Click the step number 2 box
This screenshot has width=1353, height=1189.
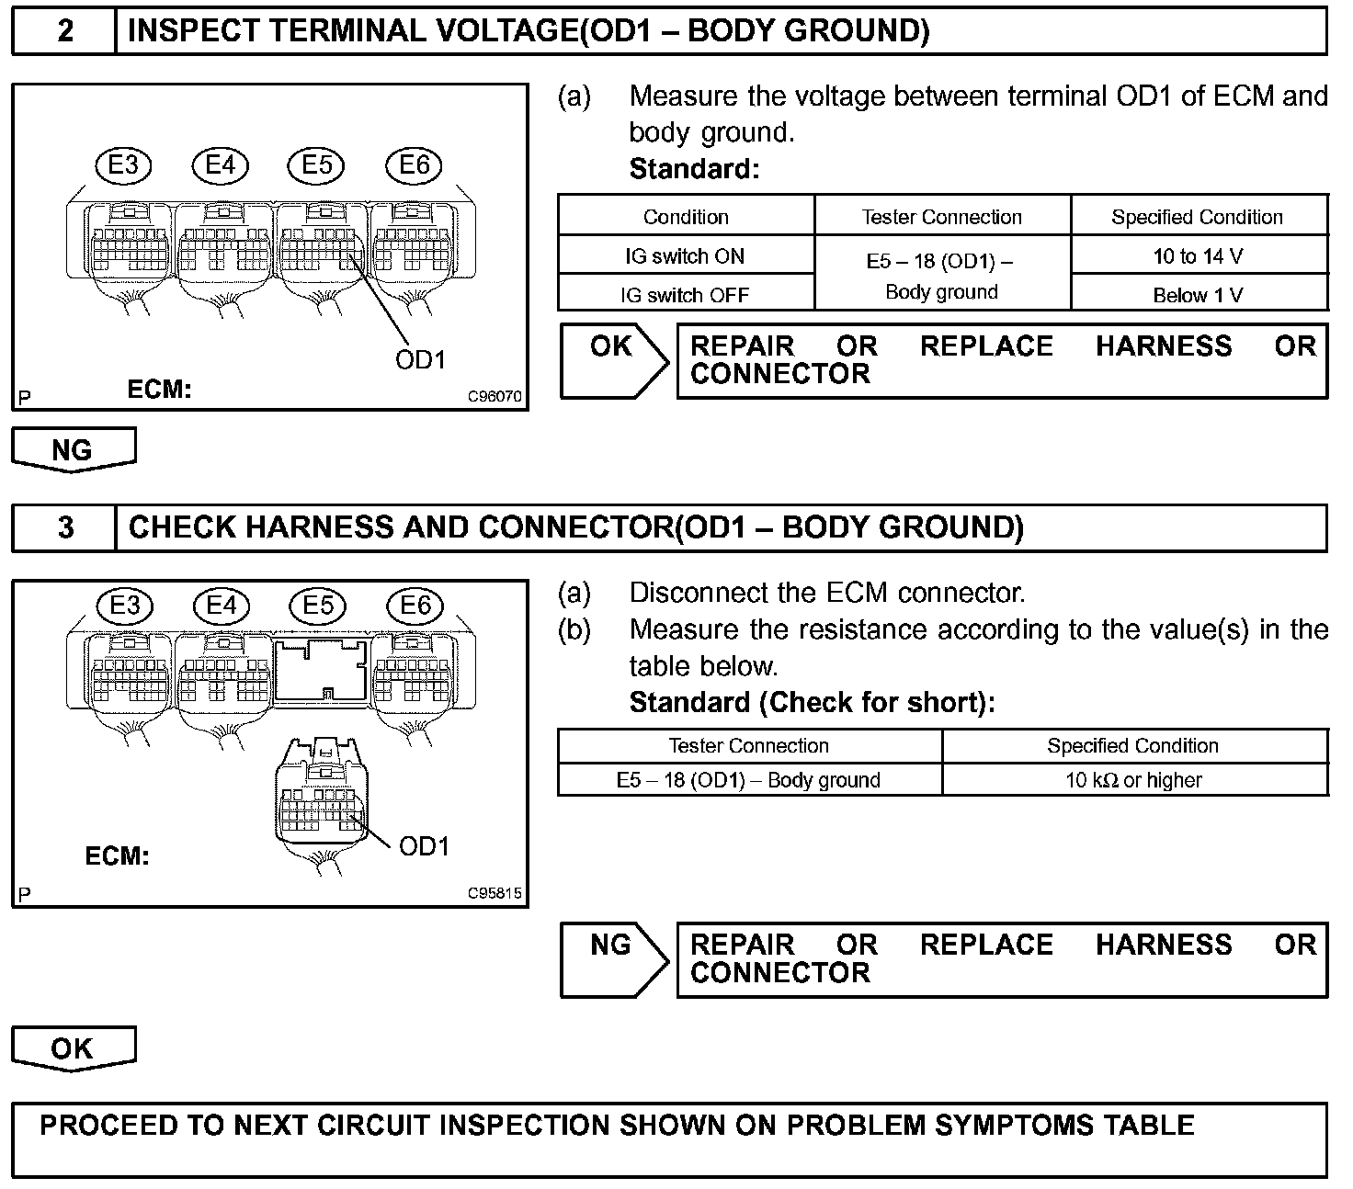(x=64, y=31)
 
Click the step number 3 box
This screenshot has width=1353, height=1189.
(x=64, y=527)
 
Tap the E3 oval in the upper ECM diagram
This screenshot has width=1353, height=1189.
(x=123, y=165)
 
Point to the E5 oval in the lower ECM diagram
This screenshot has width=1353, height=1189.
(x=317, y=606)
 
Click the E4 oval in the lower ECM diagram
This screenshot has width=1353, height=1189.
(x=221, y=606)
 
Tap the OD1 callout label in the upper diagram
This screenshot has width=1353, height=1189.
(x=420, y=360)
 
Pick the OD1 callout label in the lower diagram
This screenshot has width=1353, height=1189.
(x=424, y=846)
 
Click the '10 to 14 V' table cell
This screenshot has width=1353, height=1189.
(x=1198, y=256)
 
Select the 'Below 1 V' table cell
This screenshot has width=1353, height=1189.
(x=1198, y=295)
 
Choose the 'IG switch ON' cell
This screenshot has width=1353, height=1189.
(x=685, y=256)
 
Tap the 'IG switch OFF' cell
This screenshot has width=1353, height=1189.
(x=685, y=295)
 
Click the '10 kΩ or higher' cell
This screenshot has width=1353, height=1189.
(x=1133, y=780)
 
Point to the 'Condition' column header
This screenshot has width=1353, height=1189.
(x=686, y=217)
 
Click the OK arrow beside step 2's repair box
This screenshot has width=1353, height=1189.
(x=613, y=359)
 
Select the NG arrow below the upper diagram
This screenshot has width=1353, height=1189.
(x=73, y=449)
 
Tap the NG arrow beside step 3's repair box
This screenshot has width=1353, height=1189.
(x=613, y=958)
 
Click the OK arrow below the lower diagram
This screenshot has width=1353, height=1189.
(x=73, y=1048)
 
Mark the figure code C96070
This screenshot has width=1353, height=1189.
(x=495, y=397)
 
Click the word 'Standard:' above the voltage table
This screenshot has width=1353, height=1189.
(x=694, y=169)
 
